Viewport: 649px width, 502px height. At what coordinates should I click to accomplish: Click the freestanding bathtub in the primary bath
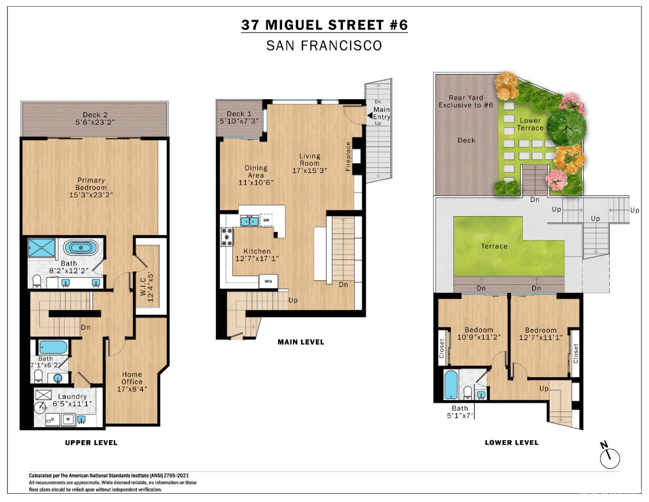(x=80, y=248)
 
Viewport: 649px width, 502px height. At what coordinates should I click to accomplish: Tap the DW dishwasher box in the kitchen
(x=267, y=220)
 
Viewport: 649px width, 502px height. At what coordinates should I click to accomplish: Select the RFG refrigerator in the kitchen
(x=268, y=282)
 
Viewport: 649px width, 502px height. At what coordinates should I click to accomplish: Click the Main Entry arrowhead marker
(x=369, y=116)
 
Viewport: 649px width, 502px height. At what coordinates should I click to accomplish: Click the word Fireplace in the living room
(x=347, y=157)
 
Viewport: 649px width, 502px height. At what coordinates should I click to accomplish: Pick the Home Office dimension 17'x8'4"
(x=132, y=389)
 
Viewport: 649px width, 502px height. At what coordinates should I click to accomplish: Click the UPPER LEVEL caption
(x=91, y=442)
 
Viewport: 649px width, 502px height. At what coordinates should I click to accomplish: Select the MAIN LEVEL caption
(x=301, y=342)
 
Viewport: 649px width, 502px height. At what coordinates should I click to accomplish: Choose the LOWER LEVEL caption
(x=511, y=442)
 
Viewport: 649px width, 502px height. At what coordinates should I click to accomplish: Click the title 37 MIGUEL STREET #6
(x=324, y=25)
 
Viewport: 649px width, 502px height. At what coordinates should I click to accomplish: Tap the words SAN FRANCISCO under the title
(x=324, y=45)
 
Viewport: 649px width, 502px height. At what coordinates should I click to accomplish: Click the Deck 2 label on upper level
(x=95, y=115)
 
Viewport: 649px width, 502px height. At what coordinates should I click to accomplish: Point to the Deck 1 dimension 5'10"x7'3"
(x=239, y=121)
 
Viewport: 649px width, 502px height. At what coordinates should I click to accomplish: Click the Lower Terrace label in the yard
(x=530, y=124)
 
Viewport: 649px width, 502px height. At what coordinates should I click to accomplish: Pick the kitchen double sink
(x=250, y=221)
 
